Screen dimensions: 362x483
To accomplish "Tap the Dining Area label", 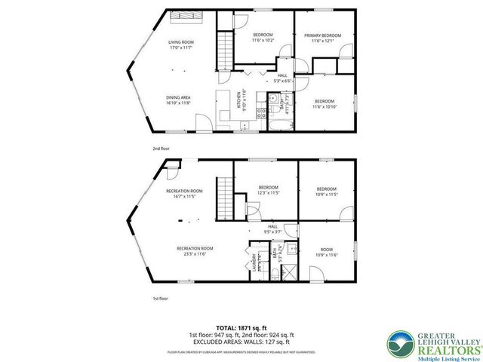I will [x=180, y=99].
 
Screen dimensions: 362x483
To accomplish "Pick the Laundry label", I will [x=254, y=260].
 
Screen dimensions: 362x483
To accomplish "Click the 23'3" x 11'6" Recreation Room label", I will [x=195, y=250].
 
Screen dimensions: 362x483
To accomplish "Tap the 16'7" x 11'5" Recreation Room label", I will [x=185, y=193].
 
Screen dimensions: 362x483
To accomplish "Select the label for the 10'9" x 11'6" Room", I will [x=325, y=252].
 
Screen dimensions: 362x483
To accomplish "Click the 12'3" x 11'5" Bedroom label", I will [x=269, y=190].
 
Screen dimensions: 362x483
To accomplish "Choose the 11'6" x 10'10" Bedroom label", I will [x=324, y=104].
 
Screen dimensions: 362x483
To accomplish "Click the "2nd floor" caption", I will [x=161, y=149].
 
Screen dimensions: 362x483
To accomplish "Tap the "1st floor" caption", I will [x=161, y=299].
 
